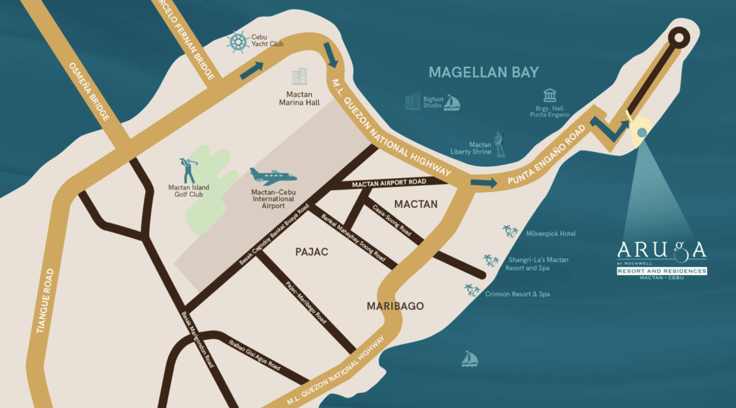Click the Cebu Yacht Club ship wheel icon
pos(238,42)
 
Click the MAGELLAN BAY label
pos(484,72)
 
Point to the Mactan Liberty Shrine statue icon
pos(500,144)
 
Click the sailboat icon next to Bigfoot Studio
pos(452,103)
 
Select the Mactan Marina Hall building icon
pos(299,77)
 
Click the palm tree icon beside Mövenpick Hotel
pos(510,232)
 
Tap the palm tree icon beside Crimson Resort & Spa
pos(472,290)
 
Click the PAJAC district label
pos(313,252)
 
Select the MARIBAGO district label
pos(395,306)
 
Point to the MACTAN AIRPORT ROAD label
pos(389,183)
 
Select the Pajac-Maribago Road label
pos(306,303)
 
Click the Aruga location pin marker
pos(640,132)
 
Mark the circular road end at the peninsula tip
pos(679,37)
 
